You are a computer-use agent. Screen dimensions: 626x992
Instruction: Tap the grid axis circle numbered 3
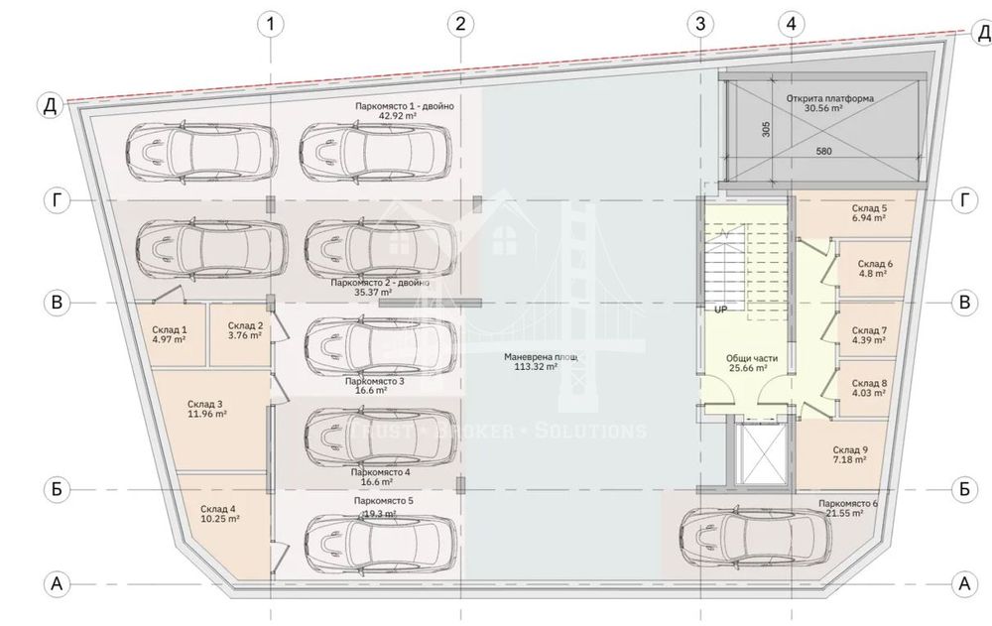(x=701, y=24)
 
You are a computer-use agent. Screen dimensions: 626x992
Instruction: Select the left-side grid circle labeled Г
(x=58, y=200)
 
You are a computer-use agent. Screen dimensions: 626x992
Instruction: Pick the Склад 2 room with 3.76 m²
(x=244, y=330)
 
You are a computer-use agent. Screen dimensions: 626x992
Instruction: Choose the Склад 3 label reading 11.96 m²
(x=205, y=410)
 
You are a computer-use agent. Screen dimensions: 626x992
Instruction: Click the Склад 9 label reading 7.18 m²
(x=850, y=454)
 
